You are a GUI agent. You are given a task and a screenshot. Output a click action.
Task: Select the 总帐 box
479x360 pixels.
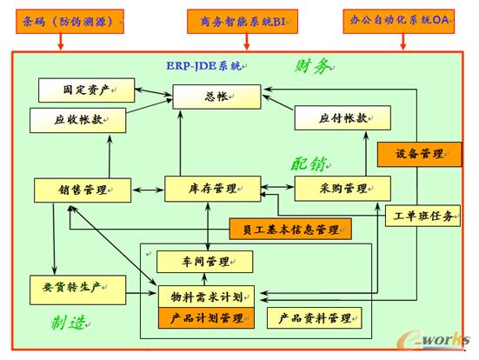216,97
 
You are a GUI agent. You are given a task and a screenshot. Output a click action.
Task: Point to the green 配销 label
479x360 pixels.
309,163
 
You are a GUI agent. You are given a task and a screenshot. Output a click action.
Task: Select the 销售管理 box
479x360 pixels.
82,189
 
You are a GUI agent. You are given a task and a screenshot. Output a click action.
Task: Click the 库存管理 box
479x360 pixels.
213,188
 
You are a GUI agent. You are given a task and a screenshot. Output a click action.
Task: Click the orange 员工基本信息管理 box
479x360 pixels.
289,230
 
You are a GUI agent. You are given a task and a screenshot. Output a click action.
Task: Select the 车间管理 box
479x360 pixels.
205,261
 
